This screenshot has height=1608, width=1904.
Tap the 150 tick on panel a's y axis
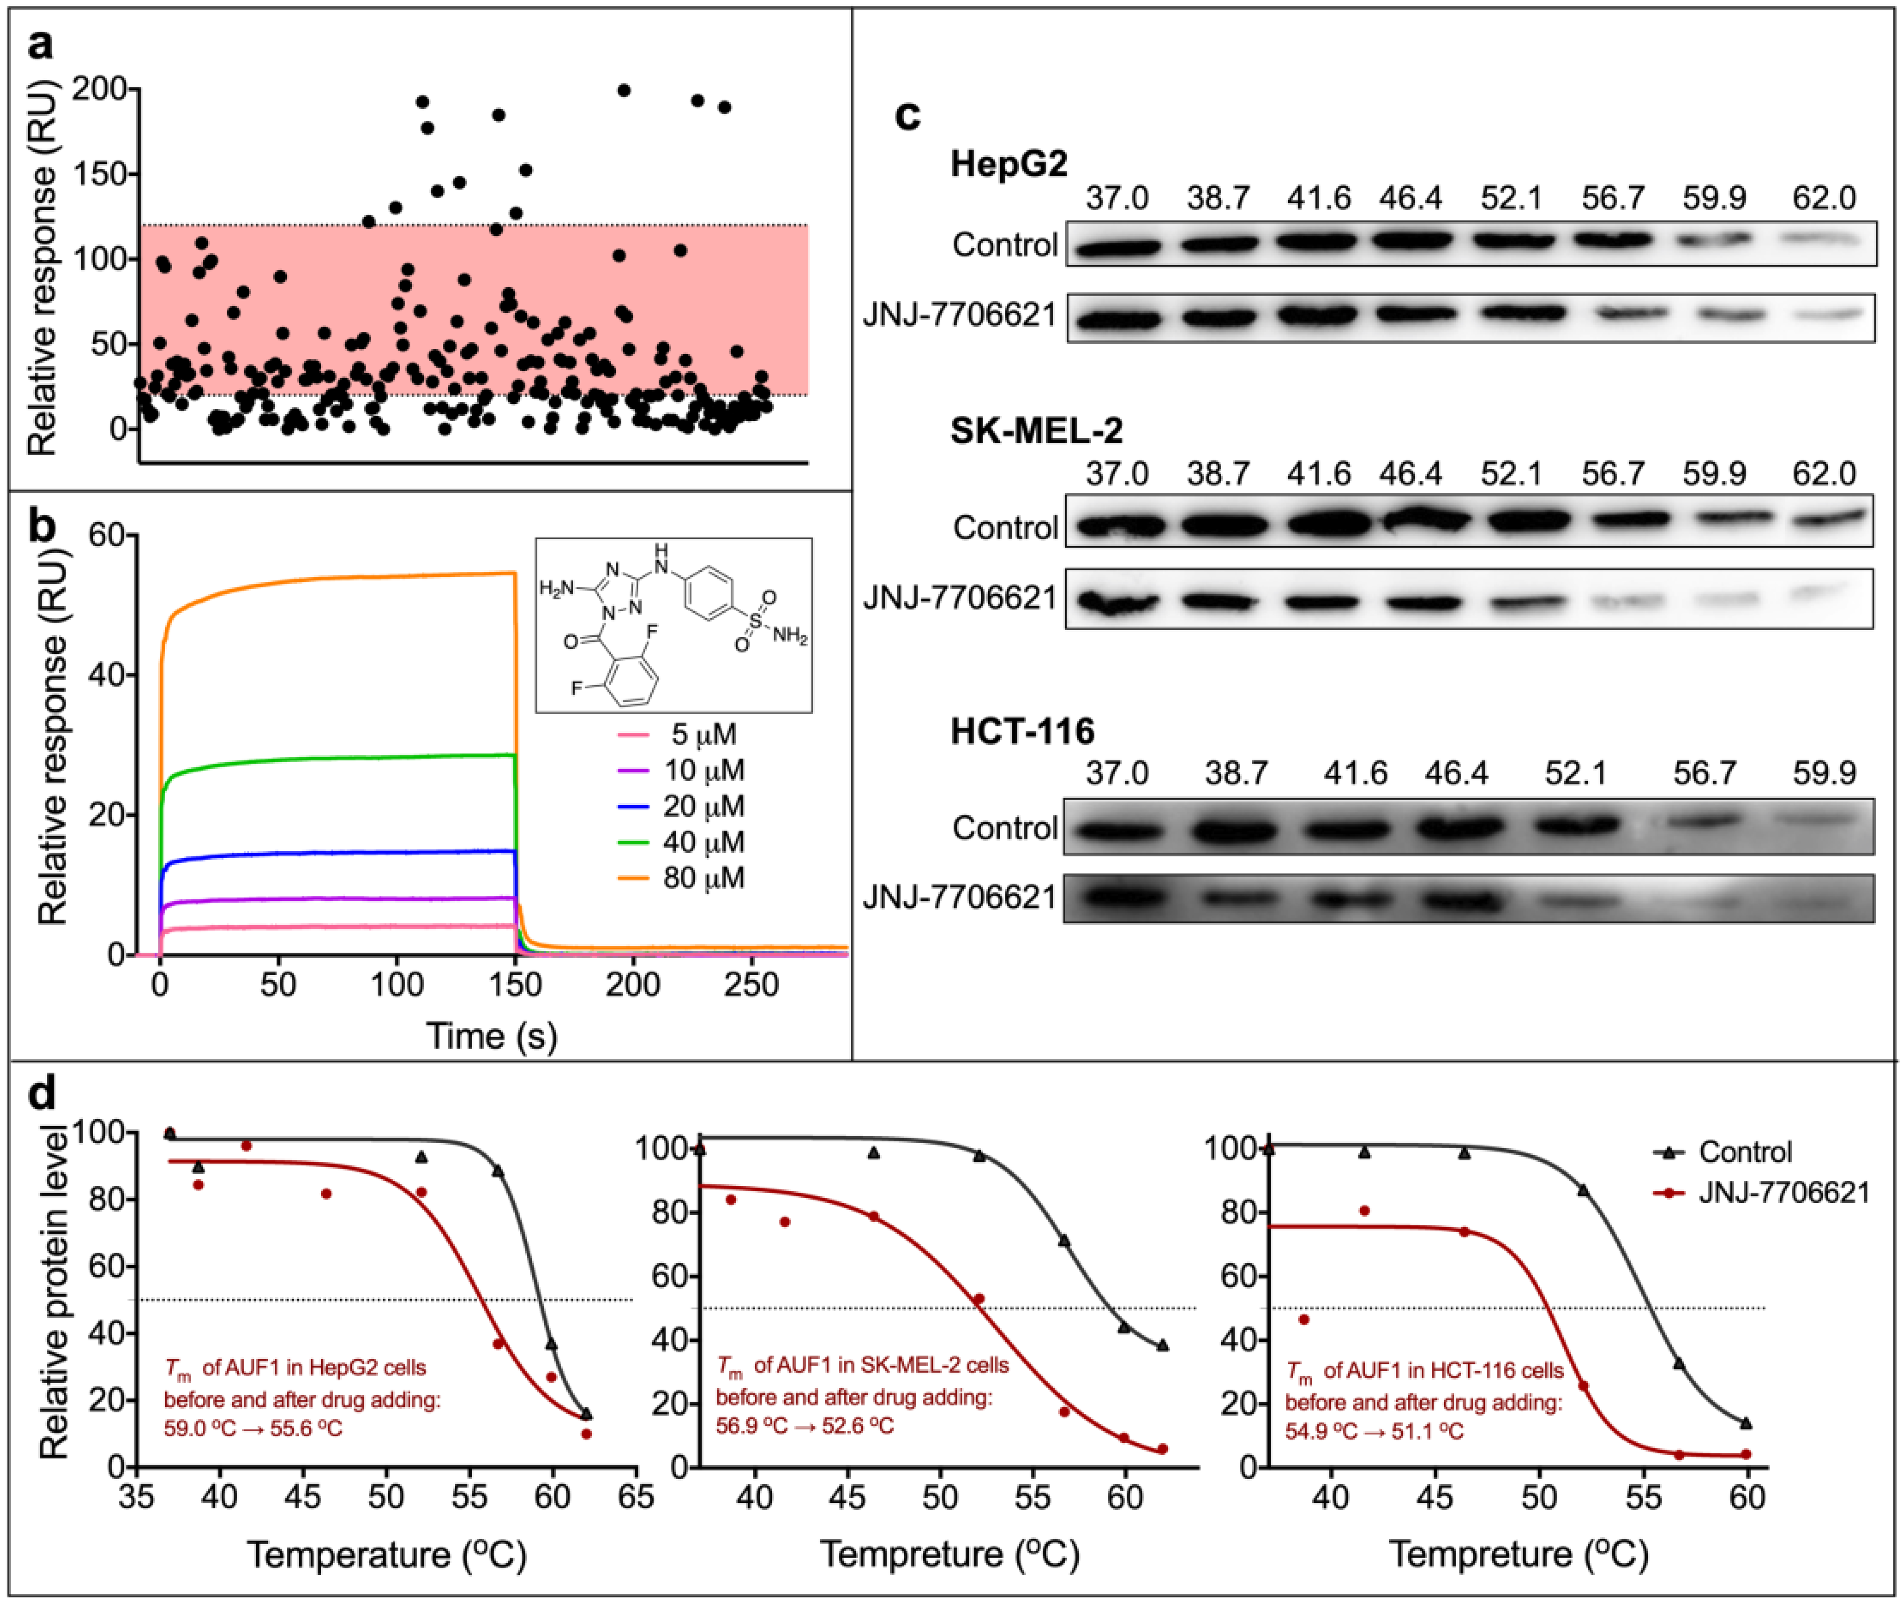(100, 174)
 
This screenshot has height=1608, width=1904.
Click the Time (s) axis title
(492, 1037)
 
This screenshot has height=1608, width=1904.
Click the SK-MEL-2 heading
(1036, 430)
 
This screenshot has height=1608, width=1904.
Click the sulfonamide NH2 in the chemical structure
(789, 636)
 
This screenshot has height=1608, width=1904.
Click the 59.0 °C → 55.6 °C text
(253, 1429)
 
